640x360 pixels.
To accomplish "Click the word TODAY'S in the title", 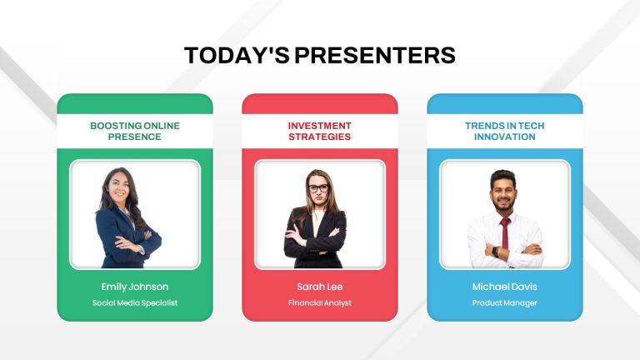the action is coord(237,55).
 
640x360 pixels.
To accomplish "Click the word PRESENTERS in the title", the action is coord(375,55).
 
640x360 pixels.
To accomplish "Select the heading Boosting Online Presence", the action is coord(135,131).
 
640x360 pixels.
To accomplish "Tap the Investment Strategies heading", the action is coord(320,131).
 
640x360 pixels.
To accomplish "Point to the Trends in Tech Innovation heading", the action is coord(504,131).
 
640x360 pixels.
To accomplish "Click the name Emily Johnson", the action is coord(135,287).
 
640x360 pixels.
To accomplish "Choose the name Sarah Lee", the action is coord(320,287).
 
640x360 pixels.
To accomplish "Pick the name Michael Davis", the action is coord(504,287).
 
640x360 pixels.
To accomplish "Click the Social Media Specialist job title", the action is coord(135,302).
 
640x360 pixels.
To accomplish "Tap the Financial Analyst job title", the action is coord(320,302).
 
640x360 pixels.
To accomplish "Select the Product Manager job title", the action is coord(504,302).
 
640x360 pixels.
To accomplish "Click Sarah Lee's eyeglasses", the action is coord(318,188).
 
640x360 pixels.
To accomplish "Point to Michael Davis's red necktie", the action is coord(505,232).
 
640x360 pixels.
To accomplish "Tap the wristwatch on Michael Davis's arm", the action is coord(496,251).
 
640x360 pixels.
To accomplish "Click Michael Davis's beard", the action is coord(503,202).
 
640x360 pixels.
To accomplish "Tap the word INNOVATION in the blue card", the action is coord(504,137).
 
